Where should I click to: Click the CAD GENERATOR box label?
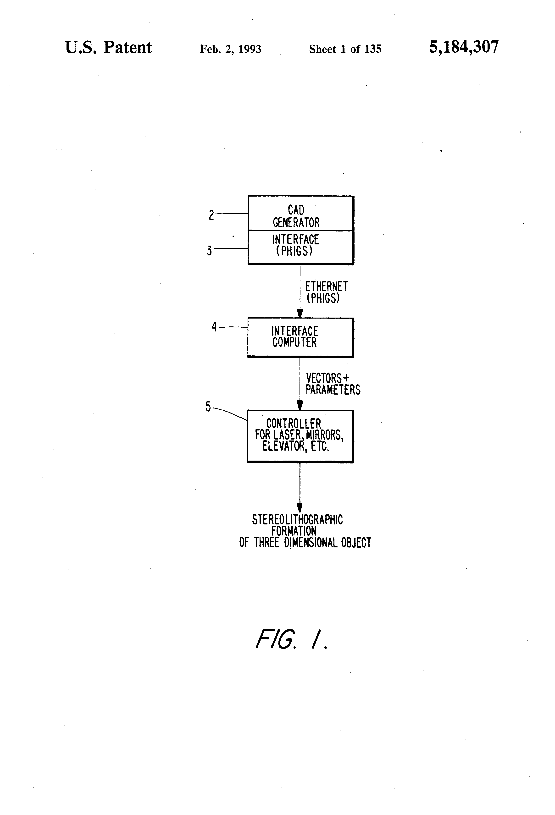pyautogui.click(x=296, y=216)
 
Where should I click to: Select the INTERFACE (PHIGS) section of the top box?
pyautogui.click(x=301, y=247)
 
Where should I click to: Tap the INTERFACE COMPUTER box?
pyautogui.click(x=301, y=338)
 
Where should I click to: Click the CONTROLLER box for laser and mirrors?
pyautogui.click(x=301, y=436)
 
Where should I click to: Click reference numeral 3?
pyautogui.click(x=209, y=251)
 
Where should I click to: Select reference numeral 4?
pyautogui.click(x=214, y=327)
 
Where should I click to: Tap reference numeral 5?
pyautogui.click(x=208, y=407)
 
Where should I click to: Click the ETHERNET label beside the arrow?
pyautogui.click(x=326, y=286)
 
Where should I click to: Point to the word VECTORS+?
pyautogui.click(x=328, y=378)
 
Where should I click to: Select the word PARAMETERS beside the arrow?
pyautogui.click(x=333, y=390)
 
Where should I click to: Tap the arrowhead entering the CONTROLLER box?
pyautogui.click(x=300, y=405)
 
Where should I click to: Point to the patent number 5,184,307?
pyautogui.click(x=464, y=47)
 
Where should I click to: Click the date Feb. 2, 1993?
pyautogui.click(x=230, y=49)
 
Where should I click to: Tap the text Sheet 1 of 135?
pyautogui.click(x=345, y=49)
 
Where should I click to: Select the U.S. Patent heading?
pyautogui.click(x=108, y=47)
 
